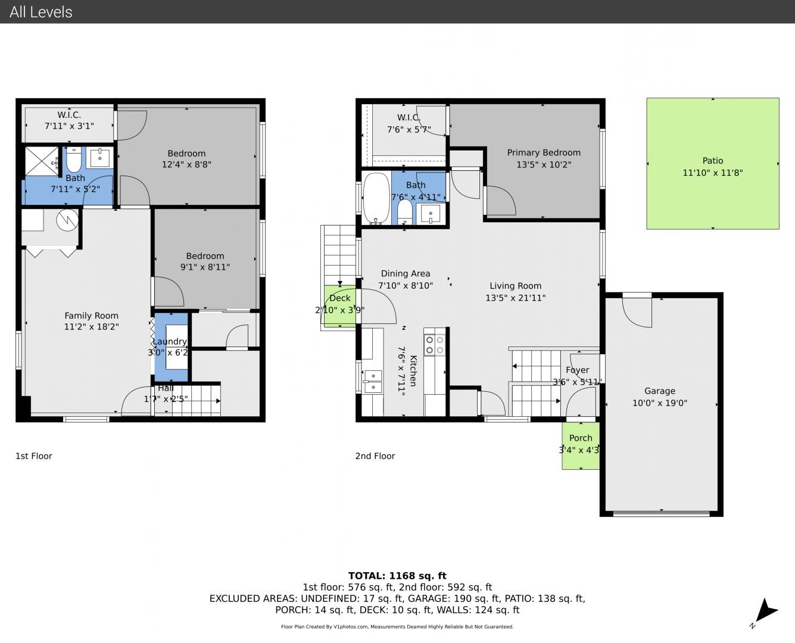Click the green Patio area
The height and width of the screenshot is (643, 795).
coord(712,164)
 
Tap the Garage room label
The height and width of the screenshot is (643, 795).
coord(659,391)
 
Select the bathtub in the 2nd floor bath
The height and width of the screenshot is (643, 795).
coord(376,198)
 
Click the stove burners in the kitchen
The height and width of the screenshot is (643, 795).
coord(435,345)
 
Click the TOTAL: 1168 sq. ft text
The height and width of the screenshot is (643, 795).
coord(397,576)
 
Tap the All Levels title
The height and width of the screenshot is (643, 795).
coord(40,12)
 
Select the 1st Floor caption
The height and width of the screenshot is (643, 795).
coord(33,455)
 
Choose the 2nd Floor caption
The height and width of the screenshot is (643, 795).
coord(375,455)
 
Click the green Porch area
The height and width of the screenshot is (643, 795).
coord(581,445)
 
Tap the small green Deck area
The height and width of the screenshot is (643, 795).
coord(339,307)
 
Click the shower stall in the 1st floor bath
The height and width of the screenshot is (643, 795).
coord(42,161)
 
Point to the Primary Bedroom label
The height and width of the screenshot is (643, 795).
coord(544,152)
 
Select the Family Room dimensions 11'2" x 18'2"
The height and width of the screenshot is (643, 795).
coord(92,326)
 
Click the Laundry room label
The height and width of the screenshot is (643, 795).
coord(170,341)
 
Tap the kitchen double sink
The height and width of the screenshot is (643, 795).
coord(373,382)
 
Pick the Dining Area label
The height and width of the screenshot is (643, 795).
coord(406,273)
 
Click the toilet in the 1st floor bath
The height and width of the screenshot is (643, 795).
coord(74,159)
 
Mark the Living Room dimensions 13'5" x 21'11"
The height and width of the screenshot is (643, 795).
coord(516,298)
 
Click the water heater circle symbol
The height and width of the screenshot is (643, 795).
coord(67,220)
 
